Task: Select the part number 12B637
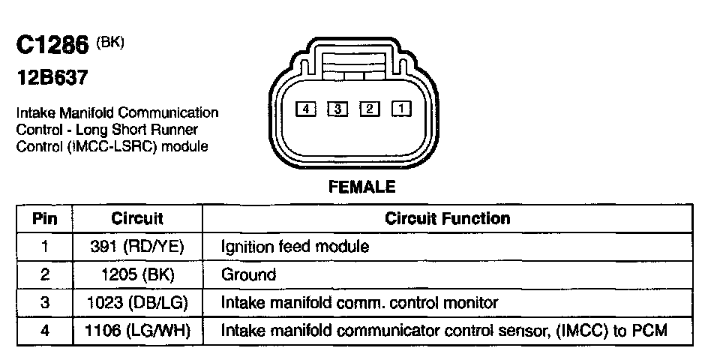[49, 76]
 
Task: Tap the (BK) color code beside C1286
[109, 43]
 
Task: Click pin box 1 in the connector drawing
[401, 109]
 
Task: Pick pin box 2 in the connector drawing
[369, 109]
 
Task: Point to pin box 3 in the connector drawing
[337, 109]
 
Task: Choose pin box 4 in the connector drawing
[305, 109]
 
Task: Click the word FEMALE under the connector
[362, 187]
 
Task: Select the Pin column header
[44, 219]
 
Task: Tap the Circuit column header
[137, 219]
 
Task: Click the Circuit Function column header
[447, 219]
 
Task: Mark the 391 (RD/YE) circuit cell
[137, 247]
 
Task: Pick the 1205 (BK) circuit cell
[137, 274]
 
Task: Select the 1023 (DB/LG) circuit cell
[137, 302]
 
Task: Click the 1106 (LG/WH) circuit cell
[137, 330]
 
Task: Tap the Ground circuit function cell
[248, 274]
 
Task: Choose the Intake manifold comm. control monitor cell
[359, 302]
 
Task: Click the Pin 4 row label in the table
[44, 330]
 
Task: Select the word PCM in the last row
[649, 330]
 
